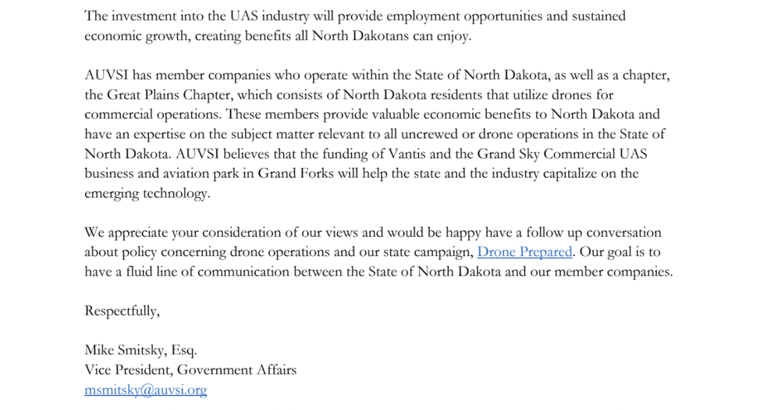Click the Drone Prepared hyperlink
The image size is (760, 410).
click(524, 252)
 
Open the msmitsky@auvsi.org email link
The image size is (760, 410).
click(146, 390)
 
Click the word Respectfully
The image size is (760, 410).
click(122, 311)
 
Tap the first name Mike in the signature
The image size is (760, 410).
click(99, 350)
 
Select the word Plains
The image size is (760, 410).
click(164, 95)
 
